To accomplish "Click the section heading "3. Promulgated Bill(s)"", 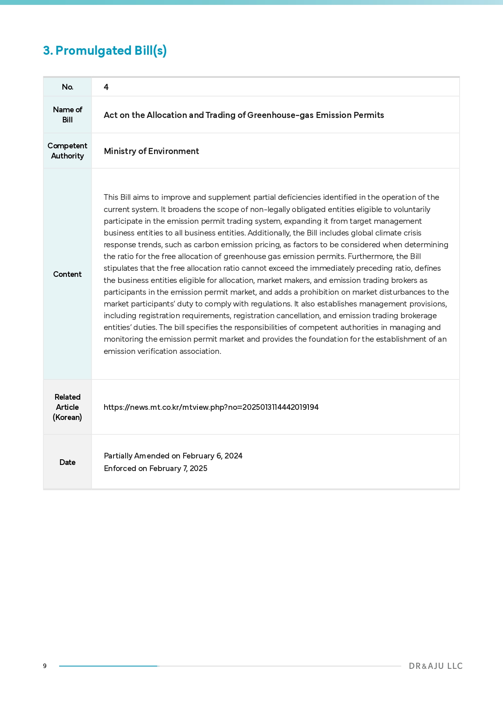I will (x=105, y=51).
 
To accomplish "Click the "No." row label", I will (x=68, y=87).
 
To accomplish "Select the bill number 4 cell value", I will (x=106, y=87).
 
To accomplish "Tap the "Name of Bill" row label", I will (x=68, y=115).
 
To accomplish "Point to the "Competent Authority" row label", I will (x=68, y=151).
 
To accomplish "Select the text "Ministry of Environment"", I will (x=151, y=151).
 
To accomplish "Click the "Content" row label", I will (x=68, y=274).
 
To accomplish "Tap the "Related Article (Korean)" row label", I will (x=68, y=407).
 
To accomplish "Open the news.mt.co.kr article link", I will (x=211, y=407).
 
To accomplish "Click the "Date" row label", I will (x=68, y=462).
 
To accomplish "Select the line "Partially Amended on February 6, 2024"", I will (x=173, y=456).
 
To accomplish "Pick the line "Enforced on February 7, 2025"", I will (x=156, y=469).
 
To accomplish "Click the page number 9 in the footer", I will (x=45, y=666).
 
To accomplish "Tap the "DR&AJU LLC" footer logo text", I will (x=435, y=666).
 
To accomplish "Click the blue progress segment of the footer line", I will (x=108, y=666).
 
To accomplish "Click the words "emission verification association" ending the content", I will (x=162, y=351).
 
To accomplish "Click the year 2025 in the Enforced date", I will (x=199, y=469).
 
